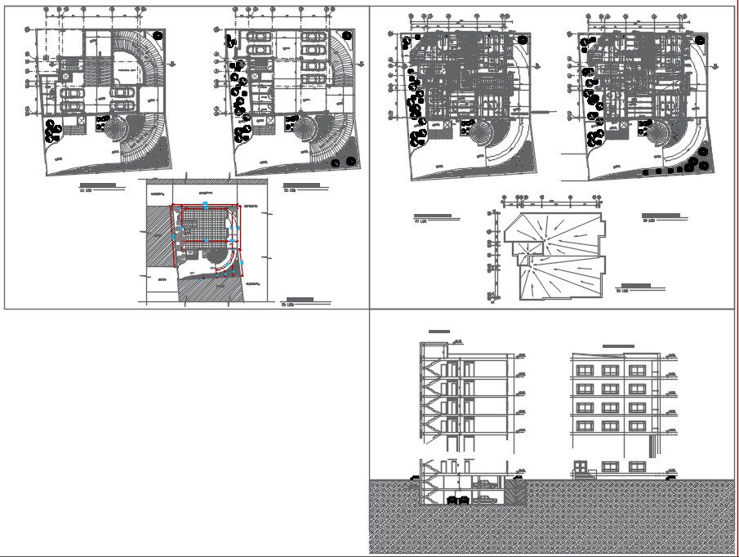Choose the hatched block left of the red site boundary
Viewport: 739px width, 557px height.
(158, 237)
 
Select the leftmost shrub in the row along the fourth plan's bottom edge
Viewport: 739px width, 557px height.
(647, 172)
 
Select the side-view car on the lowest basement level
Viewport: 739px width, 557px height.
(487, 497)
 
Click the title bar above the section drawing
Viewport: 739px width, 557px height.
(439, 331)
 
